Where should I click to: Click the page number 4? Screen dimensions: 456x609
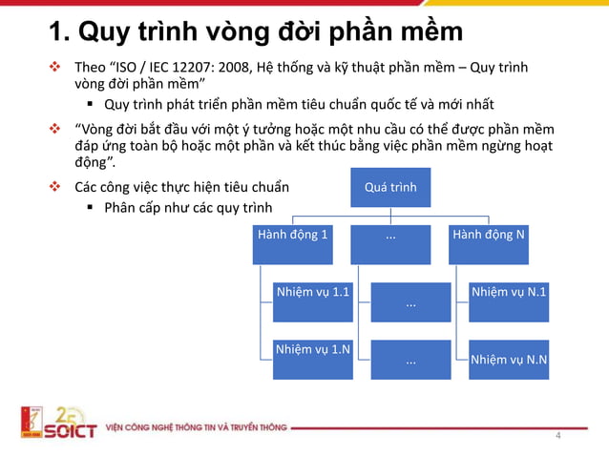(558, 437)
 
